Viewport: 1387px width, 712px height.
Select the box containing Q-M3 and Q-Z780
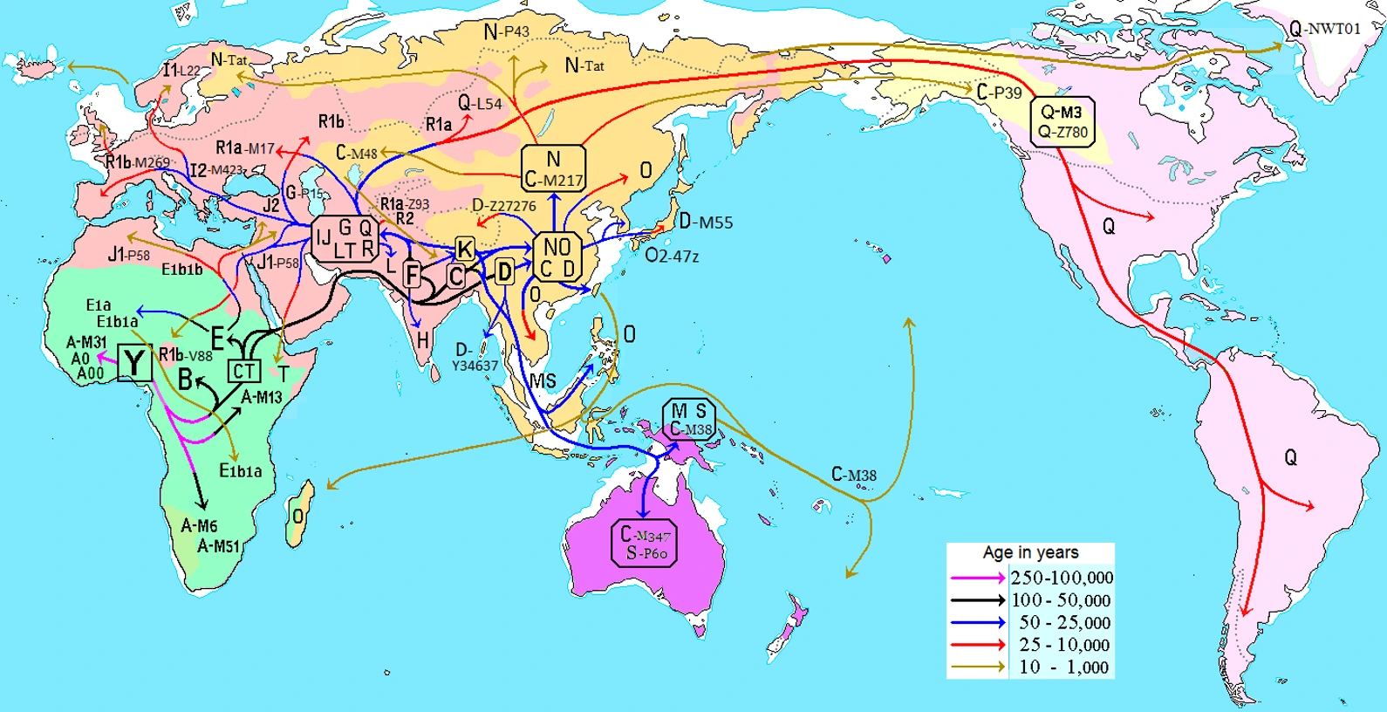coord(1062,122)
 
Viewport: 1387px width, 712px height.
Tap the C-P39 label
coord(999,92)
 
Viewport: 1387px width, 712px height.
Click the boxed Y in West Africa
coord(134,363)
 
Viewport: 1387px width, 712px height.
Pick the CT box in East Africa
coord(243,372)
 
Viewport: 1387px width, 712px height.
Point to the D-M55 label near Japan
coord(706,222)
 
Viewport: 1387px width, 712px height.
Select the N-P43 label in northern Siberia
coord(506,32)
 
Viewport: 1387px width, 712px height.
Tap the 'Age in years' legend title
coord(1030,552)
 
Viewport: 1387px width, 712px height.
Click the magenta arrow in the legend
coord(977,578)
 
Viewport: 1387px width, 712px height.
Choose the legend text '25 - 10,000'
coord(1064,645)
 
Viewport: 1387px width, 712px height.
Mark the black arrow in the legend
coord(977,600)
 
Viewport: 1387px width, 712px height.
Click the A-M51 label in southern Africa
coord(218,546)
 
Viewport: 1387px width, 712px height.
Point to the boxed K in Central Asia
coord(465,250)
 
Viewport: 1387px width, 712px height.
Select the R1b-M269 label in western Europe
coord(138,162)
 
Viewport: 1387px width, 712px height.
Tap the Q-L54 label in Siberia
coord(480,103)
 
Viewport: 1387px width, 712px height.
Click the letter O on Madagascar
coord(298,517)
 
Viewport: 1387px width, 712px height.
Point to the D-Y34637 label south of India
coord(474,358)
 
